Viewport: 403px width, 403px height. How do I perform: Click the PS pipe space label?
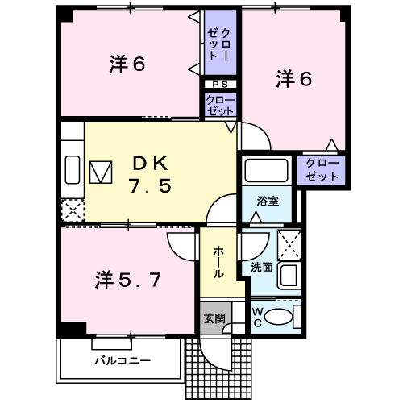point(220,85)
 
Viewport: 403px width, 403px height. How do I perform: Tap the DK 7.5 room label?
point(150,175)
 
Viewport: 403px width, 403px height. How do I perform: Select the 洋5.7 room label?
point(128,280)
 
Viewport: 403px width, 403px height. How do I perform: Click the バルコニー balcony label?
point(123,360)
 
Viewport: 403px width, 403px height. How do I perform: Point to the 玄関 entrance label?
point(214,318)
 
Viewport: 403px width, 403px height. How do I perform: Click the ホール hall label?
point(218,263)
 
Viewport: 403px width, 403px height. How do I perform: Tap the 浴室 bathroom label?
point(268,201)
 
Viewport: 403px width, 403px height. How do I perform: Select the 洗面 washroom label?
point(262,268)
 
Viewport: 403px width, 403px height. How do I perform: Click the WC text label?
point(257,318)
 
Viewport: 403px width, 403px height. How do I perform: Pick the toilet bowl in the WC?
point(278,317)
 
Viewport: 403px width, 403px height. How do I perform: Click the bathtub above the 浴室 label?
point(267,170)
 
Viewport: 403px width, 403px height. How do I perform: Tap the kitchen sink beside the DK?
point(73,170)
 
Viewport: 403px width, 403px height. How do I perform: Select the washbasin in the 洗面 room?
point(289,276)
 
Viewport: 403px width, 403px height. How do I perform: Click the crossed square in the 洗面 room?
point(289,245)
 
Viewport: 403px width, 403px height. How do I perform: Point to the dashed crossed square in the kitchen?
point(73,210)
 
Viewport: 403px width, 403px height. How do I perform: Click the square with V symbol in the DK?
point(101,172)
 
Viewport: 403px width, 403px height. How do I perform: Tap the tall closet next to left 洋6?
point(220,43)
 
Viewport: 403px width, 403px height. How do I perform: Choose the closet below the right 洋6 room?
point(321,170)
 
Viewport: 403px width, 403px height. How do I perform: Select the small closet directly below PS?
point(220,105)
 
